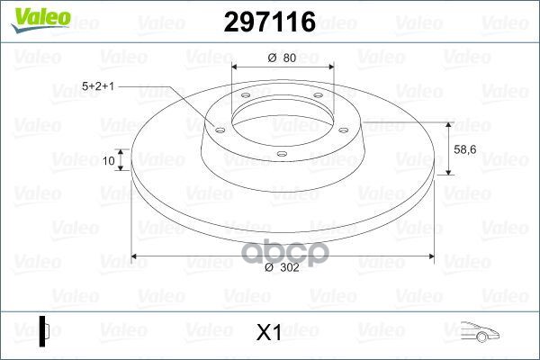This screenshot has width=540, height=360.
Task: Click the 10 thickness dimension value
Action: (110, 161)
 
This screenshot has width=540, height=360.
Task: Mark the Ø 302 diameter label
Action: (283, 268)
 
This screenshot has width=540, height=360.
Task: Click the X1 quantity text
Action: (269, 332)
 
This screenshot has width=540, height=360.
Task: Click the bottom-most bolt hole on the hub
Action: (282, 153)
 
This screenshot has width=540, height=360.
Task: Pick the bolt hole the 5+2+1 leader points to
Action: (218, 129)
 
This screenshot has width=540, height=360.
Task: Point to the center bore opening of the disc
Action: (282, 117)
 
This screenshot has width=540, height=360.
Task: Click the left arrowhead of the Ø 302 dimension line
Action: (136, 256)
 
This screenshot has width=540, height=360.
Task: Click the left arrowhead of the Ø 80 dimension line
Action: (236, 67)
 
